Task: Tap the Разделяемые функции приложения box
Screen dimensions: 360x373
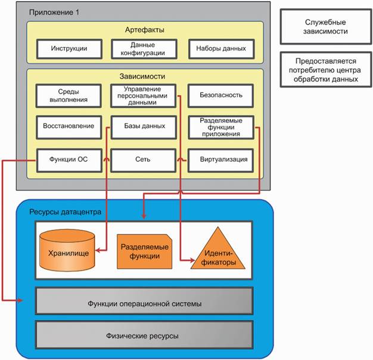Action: click(221, 127)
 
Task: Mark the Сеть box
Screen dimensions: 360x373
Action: click(143, 159)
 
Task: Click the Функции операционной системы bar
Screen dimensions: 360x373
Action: click(144, 303)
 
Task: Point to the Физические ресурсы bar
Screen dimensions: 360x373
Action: click(144, 336)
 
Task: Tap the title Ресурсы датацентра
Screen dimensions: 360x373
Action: click(65, 212)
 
